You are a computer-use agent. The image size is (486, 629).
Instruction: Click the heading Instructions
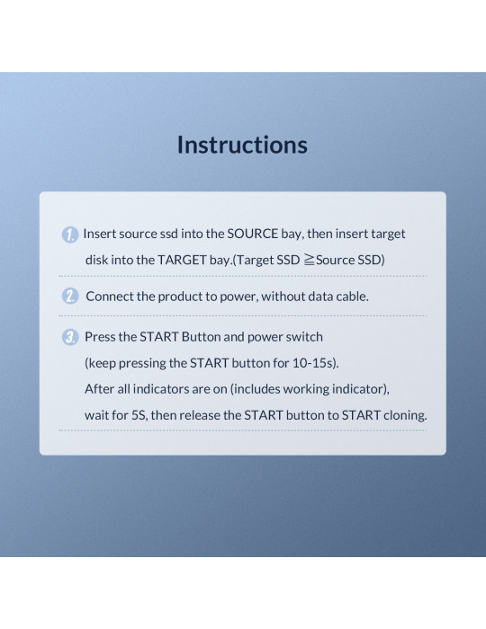(242, 145)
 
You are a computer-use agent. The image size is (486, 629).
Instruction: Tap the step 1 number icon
(70, 235)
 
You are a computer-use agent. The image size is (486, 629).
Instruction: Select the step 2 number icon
(70, 297)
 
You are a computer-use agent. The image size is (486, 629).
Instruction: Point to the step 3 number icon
(70, 337)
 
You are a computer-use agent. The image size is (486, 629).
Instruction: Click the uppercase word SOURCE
(253, 234)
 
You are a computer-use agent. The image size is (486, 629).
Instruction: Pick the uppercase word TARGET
(182, 260)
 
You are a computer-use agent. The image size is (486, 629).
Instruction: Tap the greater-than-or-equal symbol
(309, 260)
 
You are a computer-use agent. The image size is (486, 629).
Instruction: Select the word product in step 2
(180, 297)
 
